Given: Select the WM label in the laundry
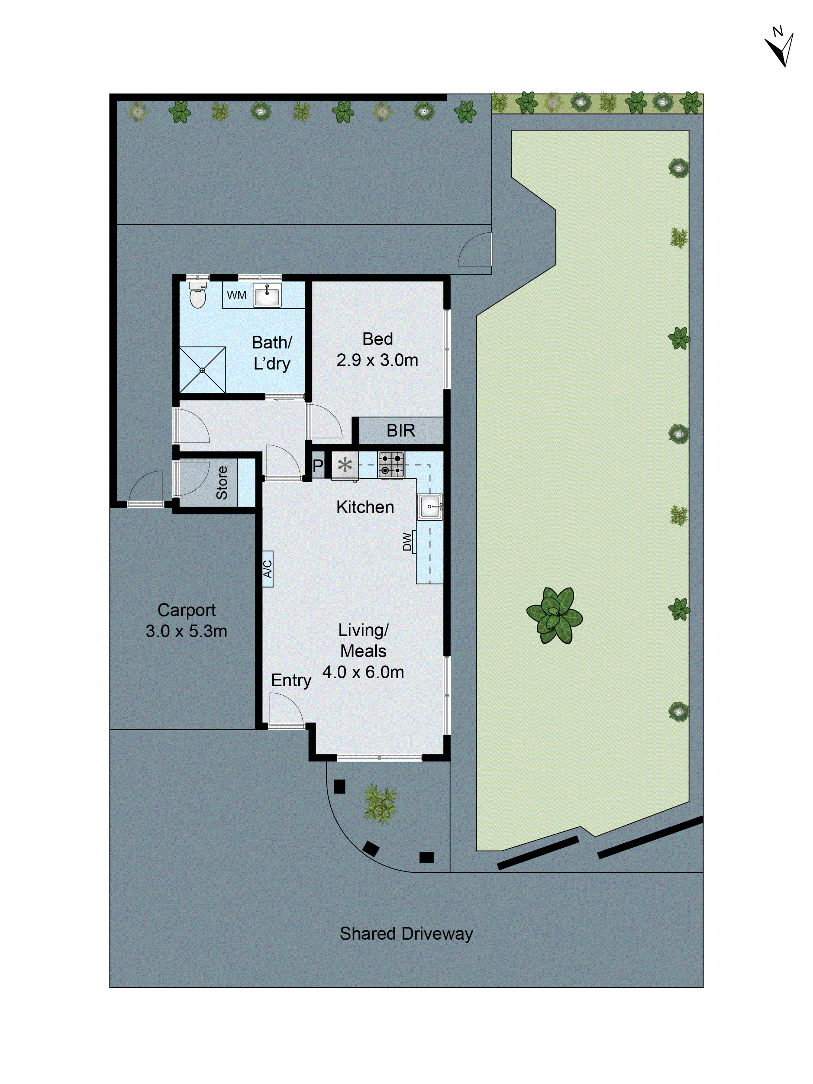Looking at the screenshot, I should coord(236,295).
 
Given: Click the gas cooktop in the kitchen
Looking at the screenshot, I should coord(391,464).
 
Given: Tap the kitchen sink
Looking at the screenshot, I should coord(430,506).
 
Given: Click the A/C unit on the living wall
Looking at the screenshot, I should coord(267,569).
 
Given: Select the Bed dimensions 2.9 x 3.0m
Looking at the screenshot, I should coord(377,360).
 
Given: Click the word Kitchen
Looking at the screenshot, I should coord(365,507).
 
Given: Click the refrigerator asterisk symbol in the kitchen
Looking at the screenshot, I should coord(345,464).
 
